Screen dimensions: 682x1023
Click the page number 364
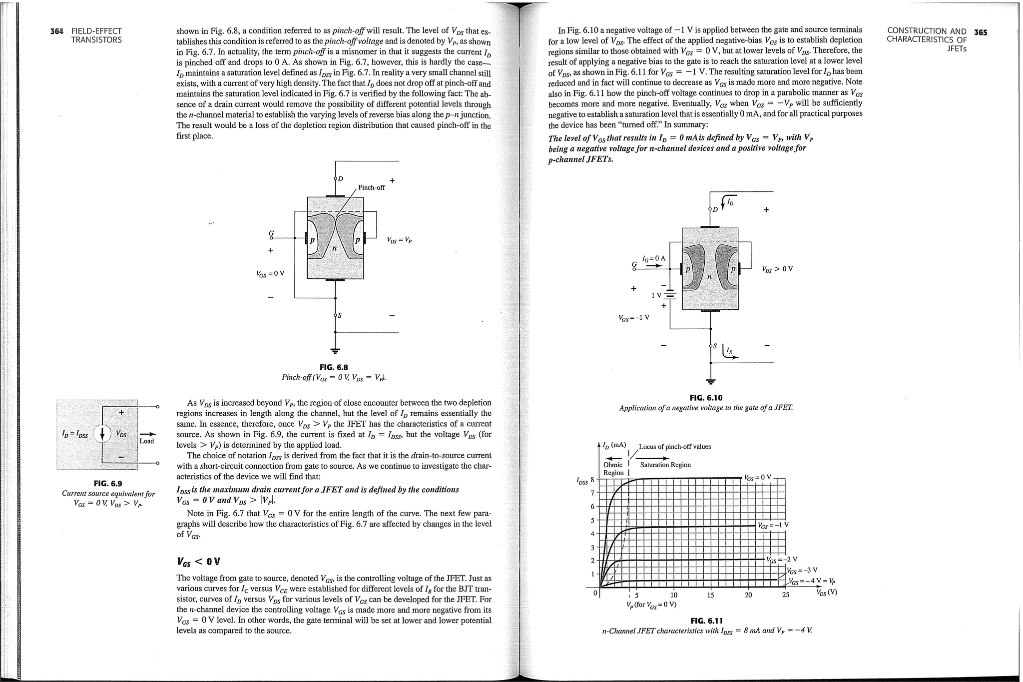click(x=57, y=31)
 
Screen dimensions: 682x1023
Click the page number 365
click(x=981, y=32)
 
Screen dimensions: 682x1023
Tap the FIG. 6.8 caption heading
click(x=334, y=367)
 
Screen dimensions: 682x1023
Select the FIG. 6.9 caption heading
click(x=108, y=483)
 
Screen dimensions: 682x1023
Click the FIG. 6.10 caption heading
click(x=706, y=398)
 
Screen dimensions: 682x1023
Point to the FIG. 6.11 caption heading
click(x=706, y=621)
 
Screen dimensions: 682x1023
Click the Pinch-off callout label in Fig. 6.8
click(x=371, y=187)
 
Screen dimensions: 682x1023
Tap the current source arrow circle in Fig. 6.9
click(x=102, y=434)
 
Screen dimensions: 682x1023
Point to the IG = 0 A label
click(x=654, y=258)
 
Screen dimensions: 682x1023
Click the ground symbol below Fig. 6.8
click(x=335, y=350)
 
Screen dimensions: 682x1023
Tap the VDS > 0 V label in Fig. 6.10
click(x=777, y=269)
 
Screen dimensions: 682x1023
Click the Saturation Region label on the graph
click(x=665, y=465)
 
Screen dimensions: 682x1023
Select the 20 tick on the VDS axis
click(x=748, y=595)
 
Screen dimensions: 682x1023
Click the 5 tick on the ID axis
click(x=593, y=520)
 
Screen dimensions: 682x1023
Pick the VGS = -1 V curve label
click(x=773, y=525)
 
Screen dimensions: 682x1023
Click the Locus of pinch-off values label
click(x=674, y=447)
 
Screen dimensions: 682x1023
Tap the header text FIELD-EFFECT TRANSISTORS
click(x=96, y=35)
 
